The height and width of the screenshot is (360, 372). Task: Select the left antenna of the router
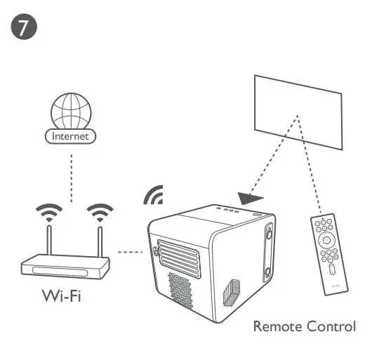(x=49, y=239)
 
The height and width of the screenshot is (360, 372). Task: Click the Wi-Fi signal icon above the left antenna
(x=48, y=210)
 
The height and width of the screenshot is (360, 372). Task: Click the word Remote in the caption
(x=277, y=327)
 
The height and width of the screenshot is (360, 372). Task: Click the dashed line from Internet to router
(x=72, y=172)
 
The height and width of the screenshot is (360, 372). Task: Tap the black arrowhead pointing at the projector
(x=248, y=199)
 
